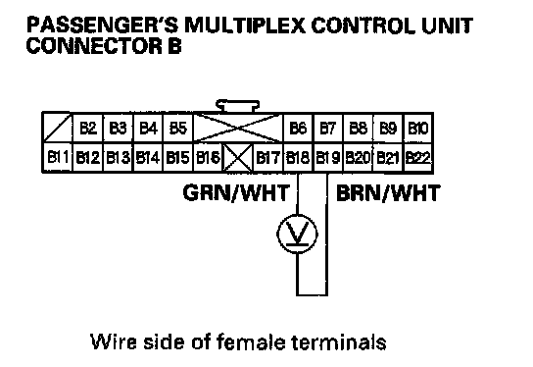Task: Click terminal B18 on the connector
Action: coord(298,158)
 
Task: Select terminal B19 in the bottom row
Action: coord(327,158)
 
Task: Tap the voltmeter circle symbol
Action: coord(298,234)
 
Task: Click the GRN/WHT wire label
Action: coord(236,192)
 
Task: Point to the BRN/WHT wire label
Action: coord(388,192)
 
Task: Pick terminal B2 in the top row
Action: coord(88,129)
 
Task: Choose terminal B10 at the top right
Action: coord(417,129)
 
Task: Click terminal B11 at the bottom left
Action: coord(58,158)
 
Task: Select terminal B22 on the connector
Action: coord(417,158)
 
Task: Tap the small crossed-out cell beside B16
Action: coord(238,158)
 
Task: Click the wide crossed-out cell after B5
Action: coord(238,129)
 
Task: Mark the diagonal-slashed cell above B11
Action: coord(58,128)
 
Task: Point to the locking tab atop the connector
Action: coord(238,106)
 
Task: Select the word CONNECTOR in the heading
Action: coord(94,45)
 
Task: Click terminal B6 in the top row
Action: coord(298,129)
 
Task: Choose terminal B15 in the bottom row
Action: coord(177,158)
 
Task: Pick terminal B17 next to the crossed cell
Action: coord(267,158)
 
